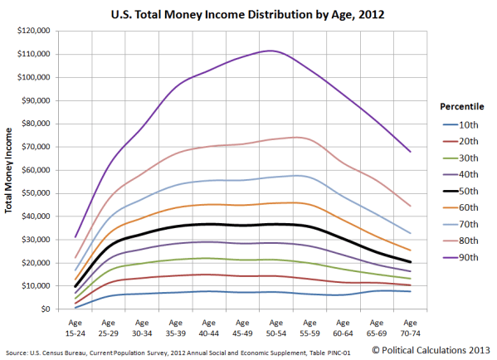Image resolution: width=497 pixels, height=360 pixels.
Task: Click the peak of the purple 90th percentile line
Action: click(270, 51)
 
